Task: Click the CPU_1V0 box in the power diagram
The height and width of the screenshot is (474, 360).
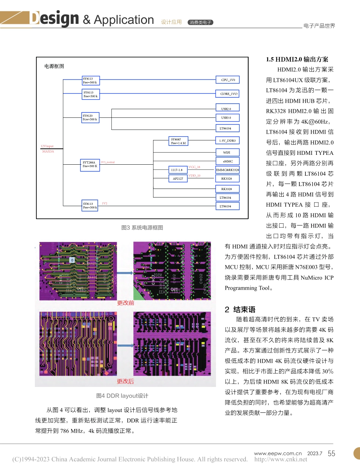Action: [x=228, y=80]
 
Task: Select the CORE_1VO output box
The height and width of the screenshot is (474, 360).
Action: [x=228, y=94]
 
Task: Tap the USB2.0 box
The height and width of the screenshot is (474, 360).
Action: [x=228, y=109]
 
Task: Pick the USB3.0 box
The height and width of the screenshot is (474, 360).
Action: [x=228, y=118]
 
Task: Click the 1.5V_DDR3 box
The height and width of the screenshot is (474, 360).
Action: [x=228, y=140]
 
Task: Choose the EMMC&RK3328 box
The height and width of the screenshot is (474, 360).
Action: [x=228, y=170]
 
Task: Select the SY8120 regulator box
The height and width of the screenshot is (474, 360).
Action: [x=90, y=117]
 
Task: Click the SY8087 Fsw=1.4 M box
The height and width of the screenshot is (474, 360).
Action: [x=178, y=141]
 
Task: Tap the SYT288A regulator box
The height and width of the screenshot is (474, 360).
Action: [x=90, y=165]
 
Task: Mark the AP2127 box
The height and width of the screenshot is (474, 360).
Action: [x=178, y=179]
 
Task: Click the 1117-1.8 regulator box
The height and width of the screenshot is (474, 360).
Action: [x=178, y=170]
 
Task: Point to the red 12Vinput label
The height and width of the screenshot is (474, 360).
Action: [x=47, y=146]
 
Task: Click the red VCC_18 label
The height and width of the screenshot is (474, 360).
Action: [x=194, y=167]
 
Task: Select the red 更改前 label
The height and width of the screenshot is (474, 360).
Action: [x=125, y=303]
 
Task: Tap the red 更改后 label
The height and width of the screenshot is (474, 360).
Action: [x=125, y=381]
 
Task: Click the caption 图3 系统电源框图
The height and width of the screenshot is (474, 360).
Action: [x=142, y=228]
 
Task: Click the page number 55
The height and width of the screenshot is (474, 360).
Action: [x=331, y=454]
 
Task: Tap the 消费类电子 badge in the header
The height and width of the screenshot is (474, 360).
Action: [x=201, y=22]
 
